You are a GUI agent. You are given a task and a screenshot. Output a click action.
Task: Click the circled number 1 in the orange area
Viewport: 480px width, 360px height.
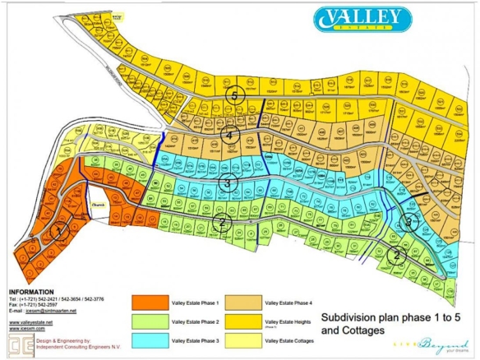pos(57,233)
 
